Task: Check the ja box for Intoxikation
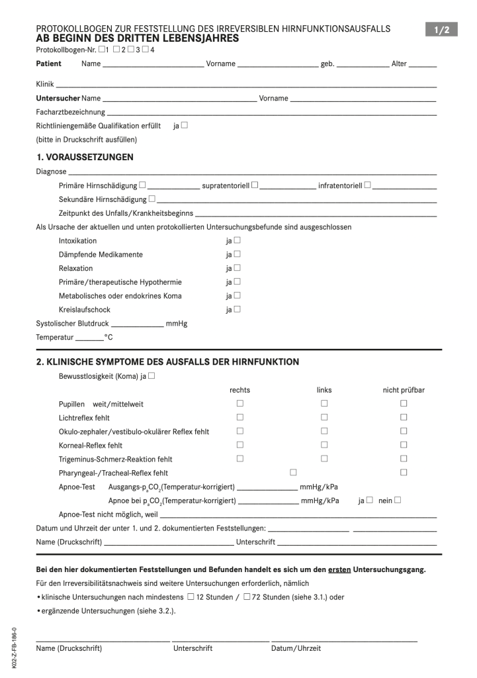tap(238, 240)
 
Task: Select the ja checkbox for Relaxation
tap(238, 268)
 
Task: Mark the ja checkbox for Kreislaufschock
tap(238, 309)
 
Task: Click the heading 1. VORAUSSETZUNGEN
tap(85, 158)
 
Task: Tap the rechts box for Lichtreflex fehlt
tap(240, 418)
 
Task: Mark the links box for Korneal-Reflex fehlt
tap(325, 446)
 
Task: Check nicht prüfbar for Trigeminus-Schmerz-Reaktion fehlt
tap(404, 459)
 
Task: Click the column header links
tap(324, 390)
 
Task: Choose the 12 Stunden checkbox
tap(191, 597)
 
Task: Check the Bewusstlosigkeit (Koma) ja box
tap(152, 376)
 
